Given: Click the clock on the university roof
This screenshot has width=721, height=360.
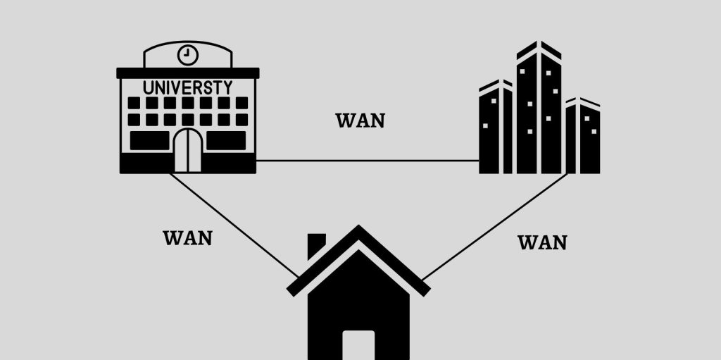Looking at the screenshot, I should pyautogui.click(x=188, y=54).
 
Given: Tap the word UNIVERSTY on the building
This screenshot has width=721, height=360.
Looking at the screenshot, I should pyautogui.click(x=187, y=88).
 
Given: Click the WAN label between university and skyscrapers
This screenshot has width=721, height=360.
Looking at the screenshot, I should pyautogui.click(x=360, y=120).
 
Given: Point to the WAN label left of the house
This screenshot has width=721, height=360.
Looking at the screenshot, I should pyautogui.click(x=187, y=238).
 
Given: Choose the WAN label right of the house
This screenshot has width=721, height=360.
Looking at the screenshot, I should pyautogui.click(x=542, y=243).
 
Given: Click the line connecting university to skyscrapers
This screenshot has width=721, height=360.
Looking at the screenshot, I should pyautogui.click(x=366, y=161).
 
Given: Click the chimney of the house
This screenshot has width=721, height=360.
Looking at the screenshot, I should pyautogui.click(x=317, y=245).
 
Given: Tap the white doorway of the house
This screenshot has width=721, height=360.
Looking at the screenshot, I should pyautogui.click(x=358, y=345).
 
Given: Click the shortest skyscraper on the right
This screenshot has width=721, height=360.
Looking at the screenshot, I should pyautogui.click(x=583, y=137).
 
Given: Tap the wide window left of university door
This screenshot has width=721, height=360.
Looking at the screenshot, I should pyautogui.click(x=149, y=141).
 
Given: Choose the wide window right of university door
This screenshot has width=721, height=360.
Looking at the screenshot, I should pyautogui.click(x=226, y=141).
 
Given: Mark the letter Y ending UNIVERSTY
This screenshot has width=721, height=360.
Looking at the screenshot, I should pyautogui.click(x=227, y=88).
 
